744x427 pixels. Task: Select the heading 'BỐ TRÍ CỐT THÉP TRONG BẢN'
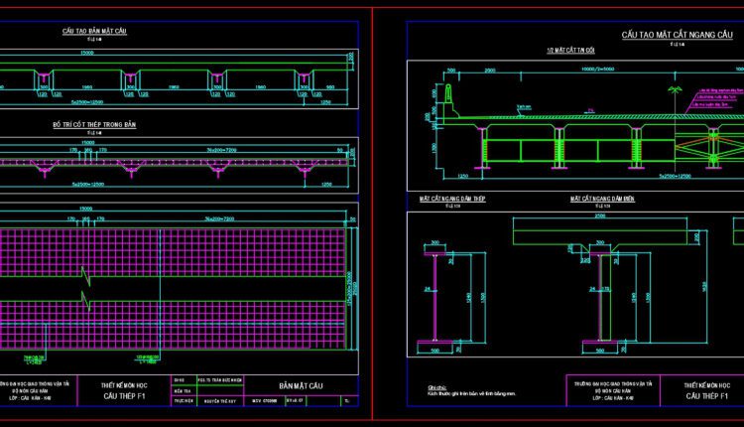93,123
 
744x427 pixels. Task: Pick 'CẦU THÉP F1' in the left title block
125,396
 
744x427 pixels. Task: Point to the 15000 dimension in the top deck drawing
88,52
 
